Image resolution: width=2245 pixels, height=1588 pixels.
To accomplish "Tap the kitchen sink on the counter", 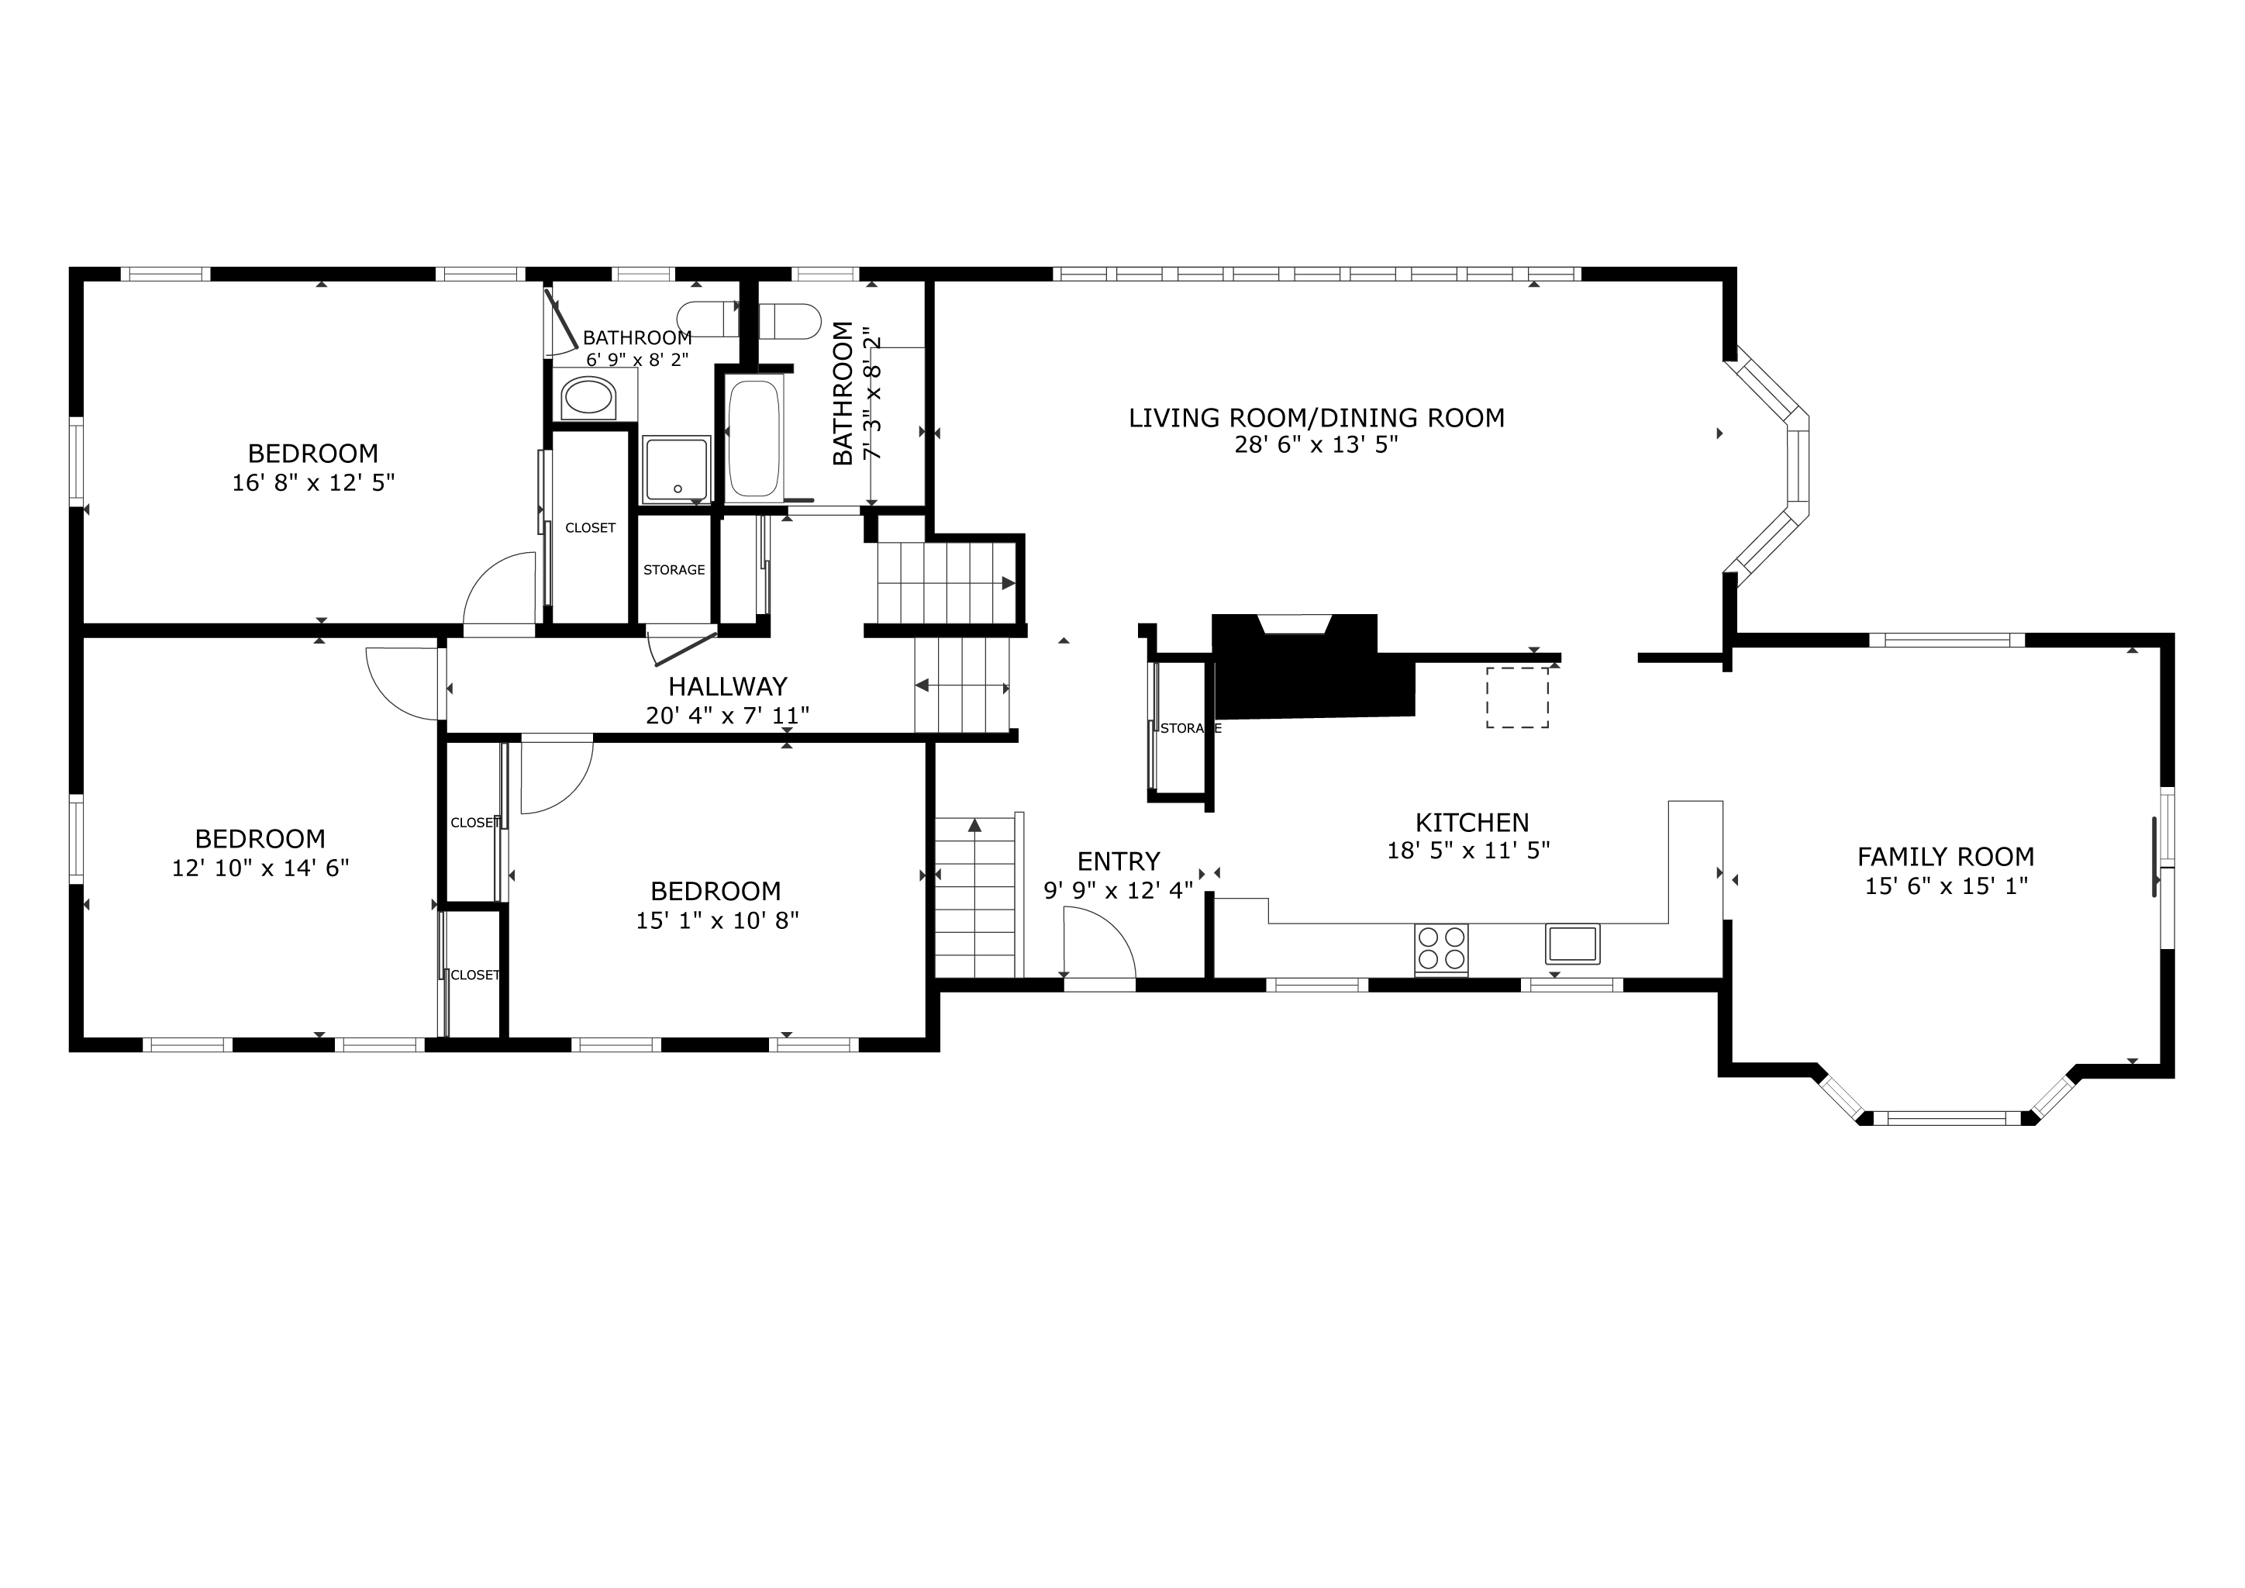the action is pyautogui.click(x=1572, y=944).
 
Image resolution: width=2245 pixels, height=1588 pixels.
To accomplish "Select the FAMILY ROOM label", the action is pyautogui.click(x=1946, y=857).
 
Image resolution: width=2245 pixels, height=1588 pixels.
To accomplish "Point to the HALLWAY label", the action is pyautogui.click(x=727, y=686).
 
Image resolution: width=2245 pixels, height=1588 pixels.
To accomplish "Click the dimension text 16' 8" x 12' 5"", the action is pyautogui.click(x=313, y=483).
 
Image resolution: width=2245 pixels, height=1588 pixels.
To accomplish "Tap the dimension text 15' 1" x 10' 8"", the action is pyautogui.click(x=718, y=920).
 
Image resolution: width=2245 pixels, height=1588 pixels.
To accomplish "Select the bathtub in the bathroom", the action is pyautogui.click(x=755, y=438).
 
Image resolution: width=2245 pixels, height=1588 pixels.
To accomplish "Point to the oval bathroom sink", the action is pyautogui.click(x=588, y=399).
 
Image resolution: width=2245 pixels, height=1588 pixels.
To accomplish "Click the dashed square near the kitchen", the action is pyautogui.click(x=1518, y=697).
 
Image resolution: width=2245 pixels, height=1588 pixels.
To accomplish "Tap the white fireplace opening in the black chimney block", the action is pyautogui.click(x=1295, y=625).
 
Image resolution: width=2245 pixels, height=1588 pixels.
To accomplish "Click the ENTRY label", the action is pyautogui.click(x=1119, y=861).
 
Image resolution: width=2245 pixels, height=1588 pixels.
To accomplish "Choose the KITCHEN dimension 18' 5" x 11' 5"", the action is pyautogui.click(x=1469, y=851).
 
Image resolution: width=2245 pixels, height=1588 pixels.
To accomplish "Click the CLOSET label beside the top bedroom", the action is pyautogui.click(x=591, y=528).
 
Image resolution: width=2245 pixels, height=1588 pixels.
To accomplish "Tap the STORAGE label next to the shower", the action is pyautogui.click(x=674, y=570).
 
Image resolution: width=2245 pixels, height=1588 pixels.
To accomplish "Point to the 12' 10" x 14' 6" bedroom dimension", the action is pyautogui.click(x=260, y=868).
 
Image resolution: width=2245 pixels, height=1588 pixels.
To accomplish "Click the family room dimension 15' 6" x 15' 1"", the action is pyautogui.click(x=1947, y=886).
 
